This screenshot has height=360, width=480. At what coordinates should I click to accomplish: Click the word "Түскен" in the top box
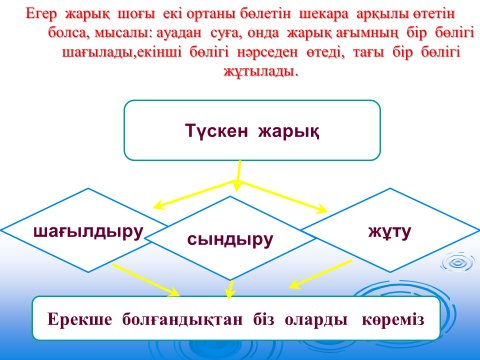tap(216, 130)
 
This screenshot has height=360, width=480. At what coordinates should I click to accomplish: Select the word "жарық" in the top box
tap(289, 132)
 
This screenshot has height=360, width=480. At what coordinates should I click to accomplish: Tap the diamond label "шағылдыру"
tap(88, 232)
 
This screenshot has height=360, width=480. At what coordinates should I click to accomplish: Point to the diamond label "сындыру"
tap(230, 239)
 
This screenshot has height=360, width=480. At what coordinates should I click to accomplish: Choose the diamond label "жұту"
tap(390, 231)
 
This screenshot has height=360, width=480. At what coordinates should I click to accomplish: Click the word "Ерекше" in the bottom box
tap(80, 319)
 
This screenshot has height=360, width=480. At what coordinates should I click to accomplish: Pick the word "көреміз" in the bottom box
tap(393, 320)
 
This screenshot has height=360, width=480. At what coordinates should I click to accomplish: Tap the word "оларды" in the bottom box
tap(316, 320)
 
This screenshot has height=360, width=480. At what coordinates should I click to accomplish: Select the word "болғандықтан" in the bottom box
tap(182, 320)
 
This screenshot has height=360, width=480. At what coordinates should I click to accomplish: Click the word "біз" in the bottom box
tap(264, 319)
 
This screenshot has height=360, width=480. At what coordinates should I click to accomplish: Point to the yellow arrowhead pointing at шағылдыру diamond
tap(158, 205)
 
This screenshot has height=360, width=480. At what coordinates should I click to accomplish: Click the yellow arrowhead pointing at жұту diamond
tap(322, 209)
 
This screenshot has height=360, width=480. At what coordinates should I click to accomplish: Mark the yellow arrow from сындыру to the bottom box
tap(230, 289)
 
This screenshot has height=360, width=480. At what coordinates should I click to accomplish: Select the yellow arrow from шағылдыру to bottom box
tap(146, 280)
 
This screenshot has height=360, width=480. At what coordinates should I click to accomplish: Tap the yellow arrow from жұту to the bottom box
tap(321, 274)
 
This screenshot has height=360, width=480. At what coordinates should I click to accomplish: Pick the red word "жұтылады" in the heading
tap(261, 71)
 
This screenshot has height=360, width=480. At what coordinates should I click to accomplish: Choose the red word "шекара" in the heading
tap(323, 14)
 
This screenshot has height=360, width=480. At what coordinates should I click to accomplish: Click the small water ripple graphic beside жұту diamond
tap(457, 263)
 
